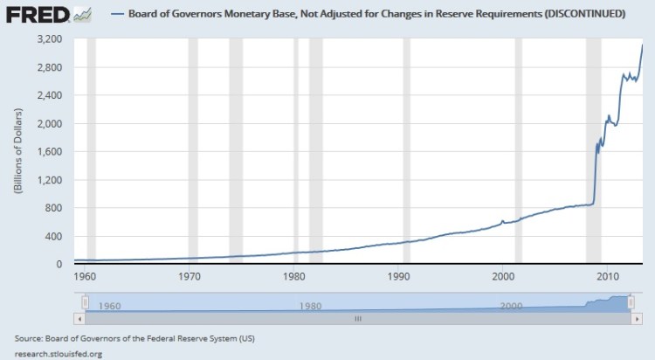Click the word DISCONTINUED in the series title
[x=583, y=14]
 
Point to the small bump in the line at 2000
[x=502, y=221]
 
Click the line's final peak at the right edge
[x=643, y=45]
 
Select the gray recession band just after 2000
[x=518, y=149]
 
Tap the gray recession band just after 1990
[x=406, y=149]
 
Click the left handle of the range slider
[x=85, y=302]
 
